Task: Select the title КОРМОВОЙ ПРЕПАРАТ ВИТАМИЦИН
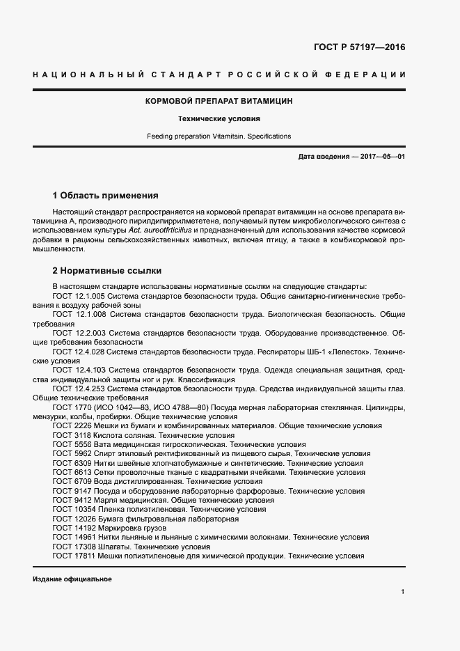pyautogui.click(x=219, y=101)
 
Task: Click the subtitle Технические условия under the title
pyautogui.click(x=219, y=118)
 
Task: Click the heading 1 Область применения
pyautogui.click(x=106, y=195)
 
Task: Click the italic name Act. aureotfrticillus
pyautogui.click(x=162, y=230)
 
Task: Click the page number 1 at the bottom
pyautogui.click(x=403, y=591)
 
